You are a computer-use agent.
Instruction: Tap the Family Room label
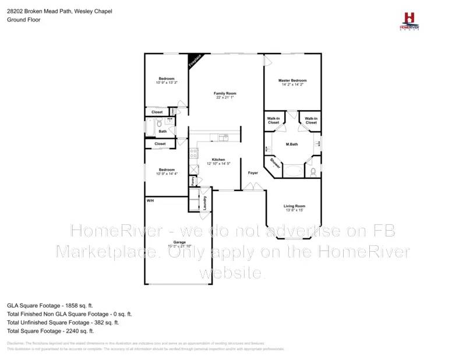point(225,93)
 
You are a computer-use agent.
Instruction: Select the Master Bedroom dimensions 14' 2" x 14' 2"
point(292,85)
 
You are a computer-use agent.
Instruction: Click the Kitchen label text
point(218,159)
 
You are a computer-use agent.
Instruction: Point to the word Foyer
point(253,173)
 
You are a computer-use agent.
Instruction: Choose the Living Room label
point(294,206)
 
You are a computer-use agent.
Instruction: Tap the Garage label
point(179,242)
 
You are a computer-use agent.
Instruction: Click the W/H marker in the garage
point(150,200)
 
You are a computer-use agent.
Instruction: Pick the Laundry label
point(204,202)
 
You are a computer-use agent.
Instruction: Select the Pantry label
point(192,181)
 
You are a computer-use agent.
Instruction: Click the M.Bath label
point(292,143)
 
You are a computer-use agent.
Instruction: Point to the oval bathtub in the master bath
point(293,171)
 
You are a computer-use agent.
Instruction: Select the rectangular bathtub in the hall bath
point(154,124)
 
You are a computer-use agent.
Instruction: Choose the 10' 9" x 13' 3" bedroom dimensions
point(167,83)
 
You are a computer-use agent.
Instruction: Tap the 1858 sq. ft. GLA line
point(50,305)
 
